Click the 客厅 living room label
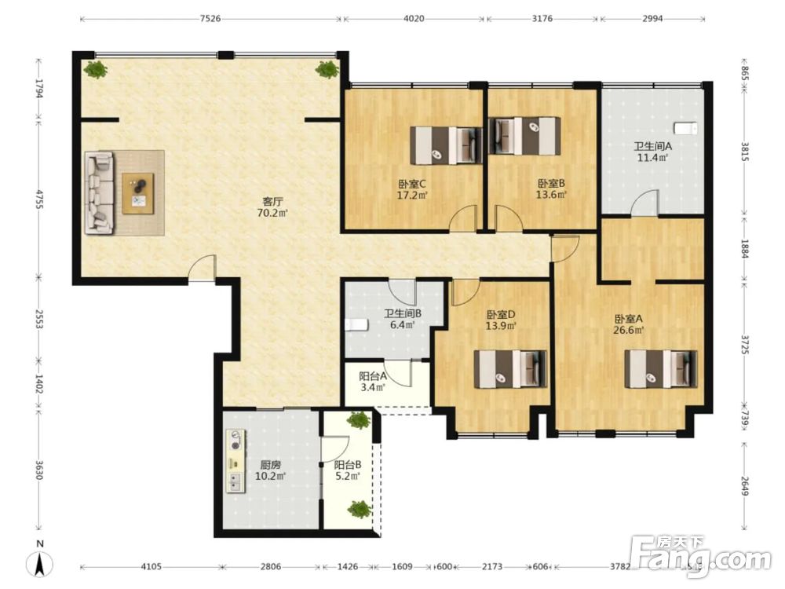(x=273, y=201)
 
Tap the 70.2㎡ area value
(x=272, y=213)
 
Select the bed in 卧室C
(x=446, y=145)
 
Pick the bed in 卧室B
(x=524, y=136)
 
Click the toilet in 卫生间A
(x=685, y=128)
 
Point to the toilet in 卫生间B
(x=356, y=325)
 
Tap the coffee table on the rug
(x=138, y=193)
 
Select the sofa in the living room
(x=100, y=193)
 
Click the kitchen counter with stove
(x=235, y=461)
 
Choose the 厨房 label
(x=270, y=465)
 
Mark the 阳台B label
(x=348, y=465)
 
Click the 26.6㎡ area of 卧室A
(x=629, y=330)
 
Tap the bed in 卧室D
(x=510, y=369)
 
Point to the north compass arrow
(x=41, y=562)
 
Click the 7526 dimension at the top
(x=210, y=19)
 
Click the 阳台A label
(x=373, y=376)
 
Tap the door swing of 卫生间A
(x=644, y=205)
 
